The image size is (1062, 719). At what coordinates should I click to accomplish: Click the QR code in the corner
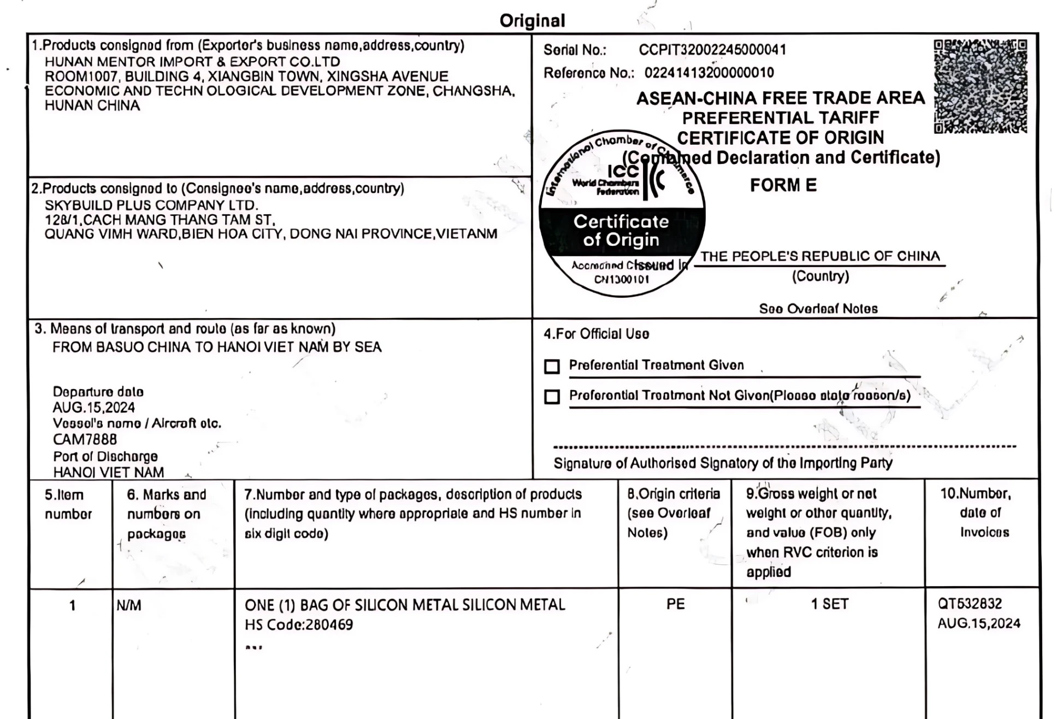coord(980,86)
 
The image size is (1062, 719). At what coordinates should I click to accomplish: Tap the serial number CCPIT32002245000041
coord(712,50)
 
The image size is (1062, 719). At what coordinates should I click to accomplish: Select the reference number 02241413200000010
coord(709,73)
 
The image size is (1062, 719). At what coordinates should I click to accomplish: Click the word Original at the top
coord(532,21)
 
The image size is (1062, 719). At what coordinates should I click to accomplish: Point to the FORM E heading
coord(783,185)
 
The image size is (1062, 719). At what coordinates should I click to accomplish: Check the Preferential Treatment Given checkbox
coord(552,366)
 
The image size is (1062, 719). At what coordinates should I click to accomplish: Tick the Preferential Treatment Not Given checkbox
coord(552,396)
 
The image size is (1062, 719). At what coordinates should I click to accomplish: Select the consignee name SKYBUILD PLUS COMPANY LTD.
coord(151,205)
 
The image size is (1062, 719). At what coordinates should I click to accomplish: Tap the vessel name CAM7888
coord(85,439)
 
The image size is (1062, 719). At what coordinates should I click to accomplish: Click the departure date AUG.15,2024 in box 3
coord(93,408)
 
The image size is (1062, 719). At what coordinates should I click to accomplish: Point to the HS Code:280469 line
coord(299,624)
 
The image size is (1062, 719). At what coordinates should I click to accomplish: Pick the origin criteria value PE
coord(675,604)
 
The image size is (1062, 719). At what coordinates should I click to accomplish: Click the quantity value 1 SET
coord(829,604)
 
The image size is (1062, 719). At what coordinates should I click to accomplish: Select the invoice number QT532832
coord(970,604)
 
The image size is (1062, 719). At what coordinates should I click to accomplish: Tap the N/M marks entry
coord(129,605)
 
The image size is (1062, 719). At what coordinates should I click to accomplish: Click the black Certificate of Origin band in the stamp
coord(621,231)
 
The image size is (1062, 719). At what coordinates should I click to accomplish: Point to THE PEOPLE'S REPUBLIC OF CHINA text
coord(820,256)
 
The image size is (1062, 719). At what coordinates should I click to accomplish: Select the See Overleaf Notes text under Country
coord(818,309)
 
